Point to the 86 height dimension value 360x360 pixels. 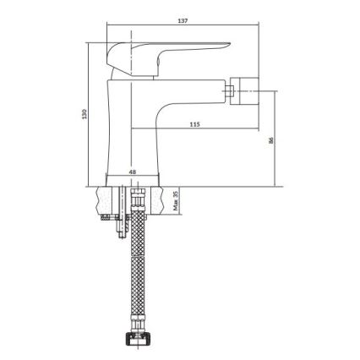270,141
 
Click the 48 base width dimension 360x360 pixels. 132,172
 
